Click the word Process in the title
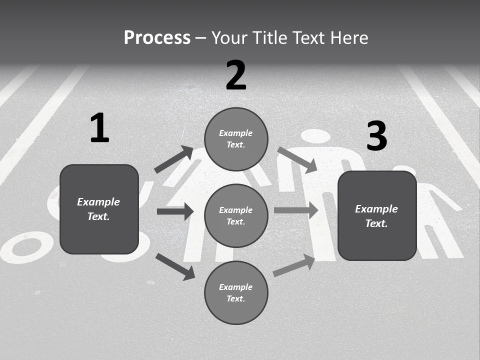click(157, 38)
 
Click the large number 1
click(99, 128)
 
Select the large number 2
click(236, 75)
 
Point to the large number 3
click(376, 136)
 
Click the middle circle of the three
click(236, 215)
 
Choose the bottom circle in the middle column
click(236, 292)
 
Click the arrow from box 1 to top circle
click(174, 159)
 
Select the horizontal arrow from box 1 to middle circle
click(175, 211)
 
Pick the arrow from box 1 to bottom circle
click(175, 266)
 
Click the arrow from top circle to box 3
click(297, 160)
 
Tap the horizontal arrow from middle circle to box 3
click(296, 210)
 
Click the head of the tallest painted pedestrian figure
click(317, 136)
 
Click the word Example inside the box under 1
click(98, 202)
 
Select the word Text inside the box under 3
click(376, 223)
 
